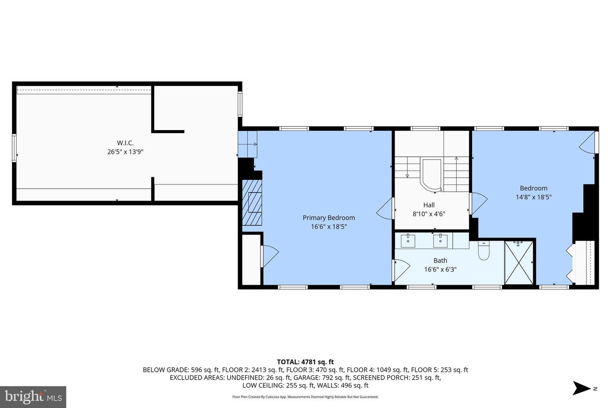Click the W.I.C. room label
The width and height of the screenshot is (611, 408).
click(125, 143)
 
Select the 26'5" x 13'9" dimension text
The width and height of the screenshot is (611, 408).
click(125, 152)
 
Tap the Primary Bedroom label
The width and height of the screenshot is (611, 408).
click(328, 218)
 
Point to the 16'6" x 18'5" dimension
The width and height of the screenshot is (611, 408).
click(328, 227)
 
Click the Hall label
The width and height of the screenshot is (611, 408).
click(429, 205)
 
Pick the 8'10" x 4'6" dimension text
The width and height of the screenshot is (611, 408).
click(429, 214)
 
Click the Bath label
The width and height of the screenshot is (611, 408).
click(440, 261)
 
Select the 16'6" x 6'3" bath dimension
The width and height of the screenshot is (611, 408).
click(440, 269)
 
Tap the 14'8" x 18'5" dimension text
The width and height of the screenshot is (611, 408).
click(533, 197)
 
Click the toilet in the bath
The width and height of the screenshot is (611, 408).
click(484, 251)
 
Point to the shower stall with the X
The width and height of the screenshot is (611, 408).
click(519, 262)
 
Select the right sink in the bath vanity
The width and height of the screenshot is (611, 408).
click(440, 240)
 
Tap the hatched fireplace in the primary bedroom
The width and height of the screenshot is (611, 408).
click(252, 202)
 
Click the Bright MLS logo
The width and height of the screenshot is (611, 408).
click(33, 397)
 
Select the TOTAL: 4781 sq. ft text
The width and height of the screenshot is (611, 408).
click(305, 362)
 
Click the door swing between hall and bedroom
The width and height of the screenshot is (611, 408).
click(478, 203)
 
